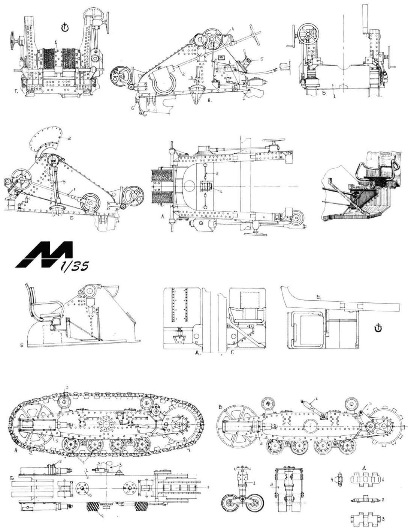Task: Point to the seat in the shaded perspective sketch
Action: coord(374,174)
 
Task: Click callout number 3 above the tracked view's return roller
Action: coord(66,398)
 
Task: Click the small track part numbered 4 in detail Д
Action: coord(340,479)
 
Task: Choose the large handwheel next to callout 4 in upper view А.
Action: coord(212,38)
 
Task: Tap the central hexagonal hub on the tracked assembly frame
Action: coord(105,423)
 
